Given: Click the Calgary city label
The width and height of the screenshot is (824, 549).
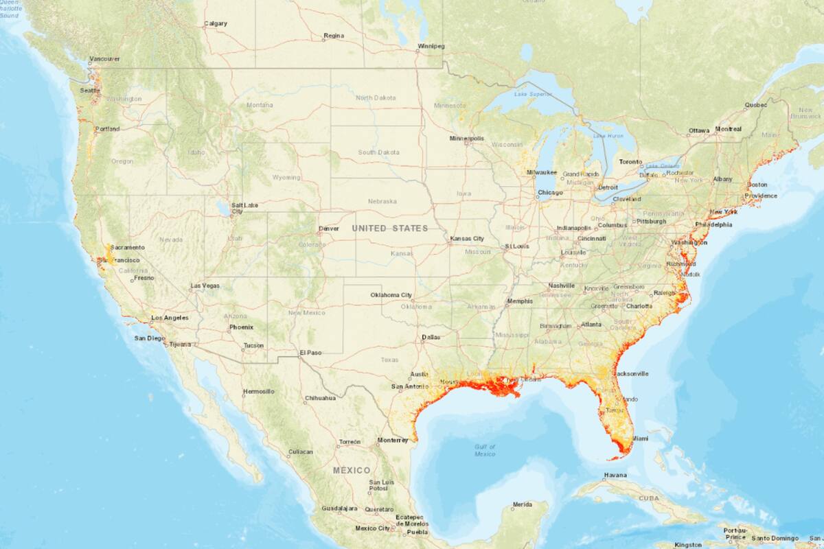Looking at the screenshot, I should pos(215,24).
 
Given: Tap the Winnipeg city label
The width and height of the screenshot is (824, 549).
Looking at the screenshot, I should pos(431,46).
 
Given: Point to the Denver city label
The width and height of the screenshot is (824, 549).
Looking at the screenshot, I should pos(329,229).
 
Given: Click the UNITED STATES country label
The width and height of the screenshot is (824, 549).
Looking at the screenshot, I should pos(390,229).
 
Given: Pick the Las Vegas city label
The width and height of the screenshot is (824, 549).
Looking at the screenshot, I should pos(205,285).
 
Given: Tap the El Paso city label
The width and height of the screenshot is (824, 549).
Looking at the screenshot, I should pos(310,352).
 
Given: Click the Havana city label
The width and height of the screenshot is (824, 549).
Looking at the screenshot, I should pos(615,475).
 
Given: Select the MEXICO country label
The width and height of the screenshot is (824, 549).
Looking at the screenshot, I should pos(352,470).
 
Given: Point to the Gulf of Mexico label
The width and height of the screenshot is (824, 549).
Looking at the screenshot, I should pos(484,450).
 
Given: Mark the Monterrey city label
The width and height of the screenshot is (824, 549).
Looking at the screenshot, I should pos(393,440).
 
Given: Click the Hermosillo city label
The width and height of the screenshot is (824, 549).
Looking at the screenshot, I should pos(258,391).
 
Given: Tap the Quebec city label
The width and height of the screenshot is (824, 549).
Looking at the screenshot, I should pos(755,105).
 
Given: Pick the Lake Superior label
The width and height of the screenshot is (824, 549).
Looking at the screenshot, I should pos(531,93).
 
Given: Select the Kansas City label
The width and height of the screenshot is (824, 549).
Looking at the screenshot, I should pos(467,238).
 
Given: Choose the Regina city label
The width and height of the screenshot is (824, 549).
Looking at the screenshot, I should pos(333,35).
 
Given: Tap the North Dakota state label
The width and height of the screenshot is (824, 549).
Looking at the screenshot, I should pos(375,98).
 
